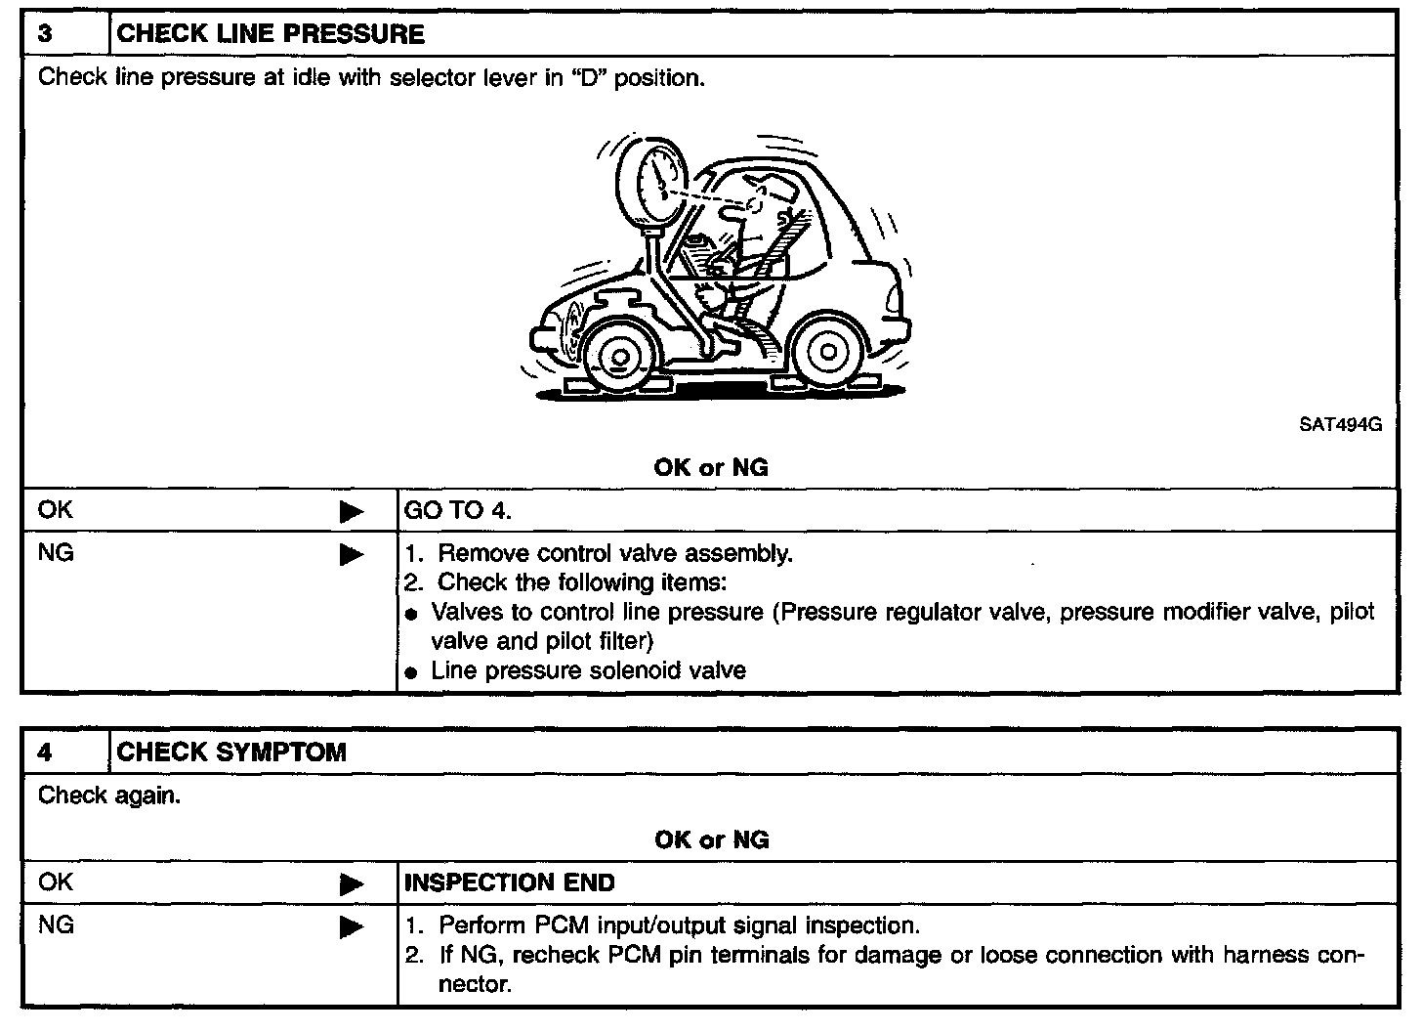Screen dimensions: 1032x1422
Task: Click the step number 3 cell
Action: (64, 34)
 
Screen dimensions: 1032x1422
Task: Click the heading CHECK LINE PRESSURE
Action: (271, 34)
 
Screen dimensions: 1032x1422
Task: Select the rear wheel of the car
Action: (827, 350)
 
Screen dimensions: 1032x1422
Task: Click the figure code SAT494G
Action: (1340, 425)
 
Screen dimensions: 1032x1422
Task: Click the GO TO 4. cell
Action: (458, 510)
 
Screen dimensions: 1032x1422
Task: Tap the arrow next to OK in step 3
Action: (351, 511)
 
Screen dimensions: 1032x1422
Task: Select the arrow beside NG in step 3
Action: (351, 555)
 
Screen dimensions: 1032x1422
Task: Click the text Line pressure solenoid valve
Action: (588, 671)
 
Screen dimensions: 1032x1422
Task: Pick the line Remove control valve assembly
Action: (614, 554)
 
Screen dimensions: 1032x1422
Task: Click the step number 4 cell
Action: (64, 752)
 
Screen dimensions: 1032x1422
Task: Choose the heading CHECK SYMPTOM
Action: (231, 752)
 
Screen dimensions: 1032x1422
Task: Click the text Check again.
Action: (109, 795)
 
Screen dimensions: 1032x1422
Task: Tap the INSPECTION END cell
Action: (510, 883)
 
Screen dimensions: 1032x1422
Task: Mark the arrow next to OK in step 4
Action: (351, 884)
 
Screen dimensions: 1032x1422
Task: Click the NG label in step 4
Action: (56, 924)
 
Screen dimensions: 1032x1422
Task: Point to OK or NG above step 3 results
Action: (711, 467)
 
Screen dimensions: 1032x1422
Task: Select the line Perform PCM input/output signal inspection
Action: (678, 925)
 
